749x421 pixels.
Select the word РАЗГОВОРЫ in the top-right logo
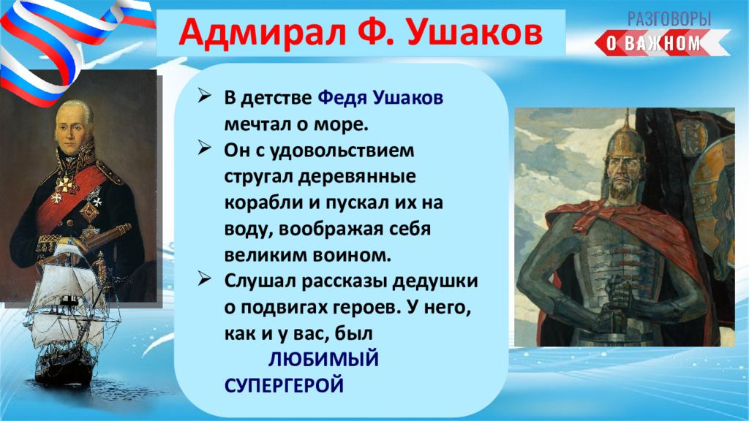669,19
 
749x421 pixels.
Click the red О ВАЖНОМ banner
662,43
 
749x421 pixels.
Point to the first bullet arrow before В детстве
205,96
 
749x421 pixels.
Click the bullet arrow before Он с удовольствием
205,148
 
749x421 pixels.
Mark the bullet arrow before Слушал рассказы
205,278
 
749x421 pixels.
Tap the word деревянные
357,177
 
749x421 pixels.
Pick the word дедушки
434,281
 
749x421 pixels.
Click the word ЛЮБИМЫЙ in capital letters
323,359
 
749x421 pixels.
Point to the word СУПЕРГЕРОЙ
284,385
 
